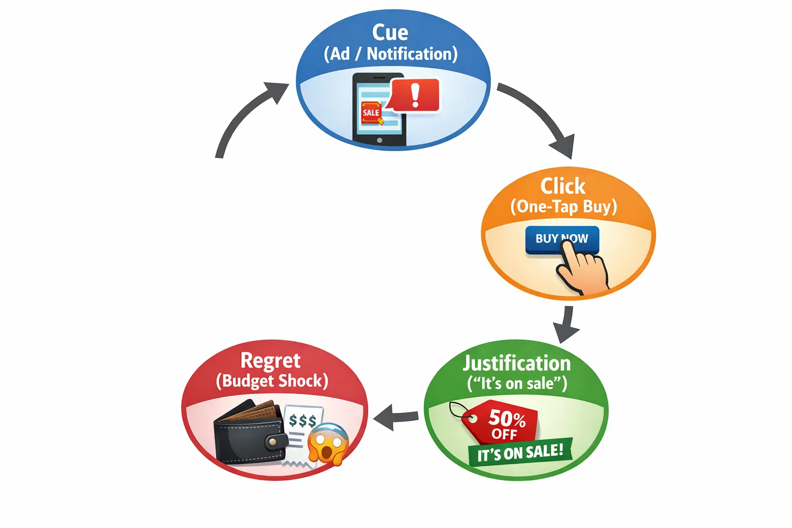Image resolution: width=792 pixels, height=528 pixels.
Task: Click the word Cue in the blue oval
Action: [x=390, y=32]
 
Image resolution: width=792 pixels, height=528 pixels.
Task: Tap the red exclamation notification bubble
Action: [x=415, y=95]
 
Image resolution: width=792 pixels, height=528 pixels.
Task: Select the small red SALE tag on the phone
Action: [x=371, y=113]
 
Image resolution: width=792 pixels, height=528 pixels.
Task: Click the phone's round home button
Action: [x=379, y=140]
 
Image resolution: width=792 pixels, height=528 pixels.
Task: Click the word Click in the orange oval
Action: [x=563, y=186]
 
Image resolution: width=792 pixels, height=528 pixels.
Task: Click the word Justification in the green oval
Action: [x=517, y=363]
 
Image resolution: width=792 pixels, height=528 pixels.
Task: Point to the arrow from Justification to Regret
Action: [x=396, y=417]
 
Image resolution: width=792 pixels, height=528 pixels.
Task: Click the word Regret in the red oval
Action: [x=270, y=360]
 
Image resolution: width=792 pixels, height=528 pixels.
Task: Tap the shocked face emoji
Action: [x=328, y=443]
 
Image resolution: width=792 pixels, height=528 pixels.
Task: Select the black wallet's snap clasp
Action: [x=276, y=441]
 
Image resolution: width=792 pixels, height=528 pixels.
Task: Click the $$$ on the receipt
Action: [x=302, y=421]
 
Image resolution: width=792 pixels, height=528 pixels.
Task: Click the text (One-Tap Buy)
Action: [x=563, y=207]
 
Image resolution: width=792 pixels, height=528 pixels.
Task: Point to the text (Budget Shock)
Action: [x=272, y=381]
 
